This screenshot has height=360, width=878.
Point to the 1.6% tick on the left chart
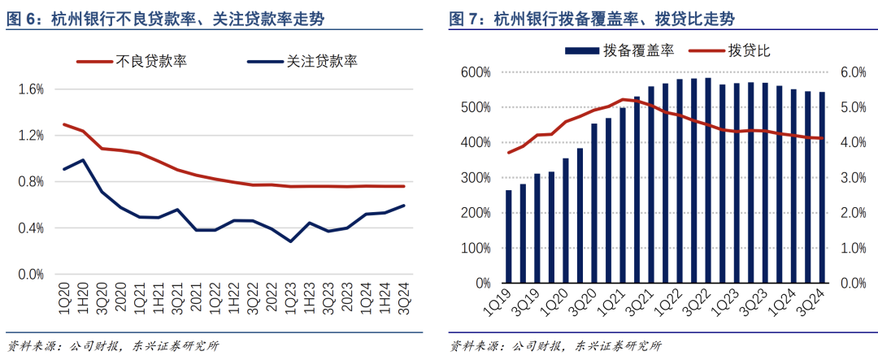point(30,89)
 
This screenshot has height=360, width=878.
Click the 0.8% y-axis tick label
point(30,182)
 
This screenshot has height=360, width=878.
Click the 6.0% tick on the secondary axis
point(853,72)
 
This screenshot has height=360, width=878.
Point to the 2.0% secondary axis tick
point(853,213)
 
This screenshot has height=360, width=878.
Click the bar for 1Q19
point(509,236)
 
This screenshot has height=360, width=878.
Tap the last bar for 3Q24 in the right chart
point(822,188)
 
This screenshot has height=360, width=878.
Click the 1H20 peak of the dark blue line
point(83,160)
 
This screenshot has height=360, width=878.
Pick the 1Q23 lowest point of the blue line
point(290,241)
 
